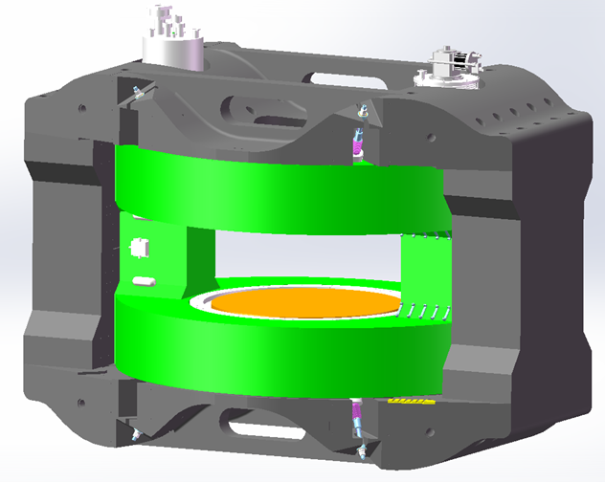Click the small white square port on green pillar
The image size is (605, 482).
[141, 247]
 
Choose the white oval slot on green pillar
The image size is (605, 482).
[145, 281]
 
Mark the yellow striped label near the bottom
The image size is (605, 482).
[408, 402]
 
